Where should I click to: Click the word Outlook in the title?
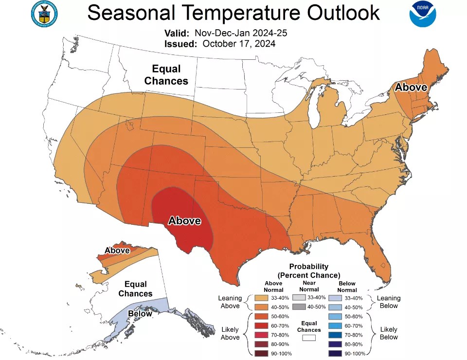[333, 13]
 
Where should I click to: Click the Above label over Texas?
[184, 221]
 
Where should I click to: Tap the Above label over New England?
[411, 88]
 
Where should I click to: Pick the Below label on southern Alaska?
[140, 314]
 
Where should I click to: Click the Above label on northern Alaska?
[117, 251]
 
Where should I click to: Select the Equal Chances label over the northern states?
[166, 75]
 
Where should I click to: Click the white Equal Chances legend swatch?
[309, 336]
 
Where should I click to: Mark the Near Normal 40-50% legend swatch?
[300, 306]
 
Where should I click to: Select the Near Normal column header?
[309, 286]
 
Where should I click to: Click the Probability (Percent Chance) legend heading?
[309, 271]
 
